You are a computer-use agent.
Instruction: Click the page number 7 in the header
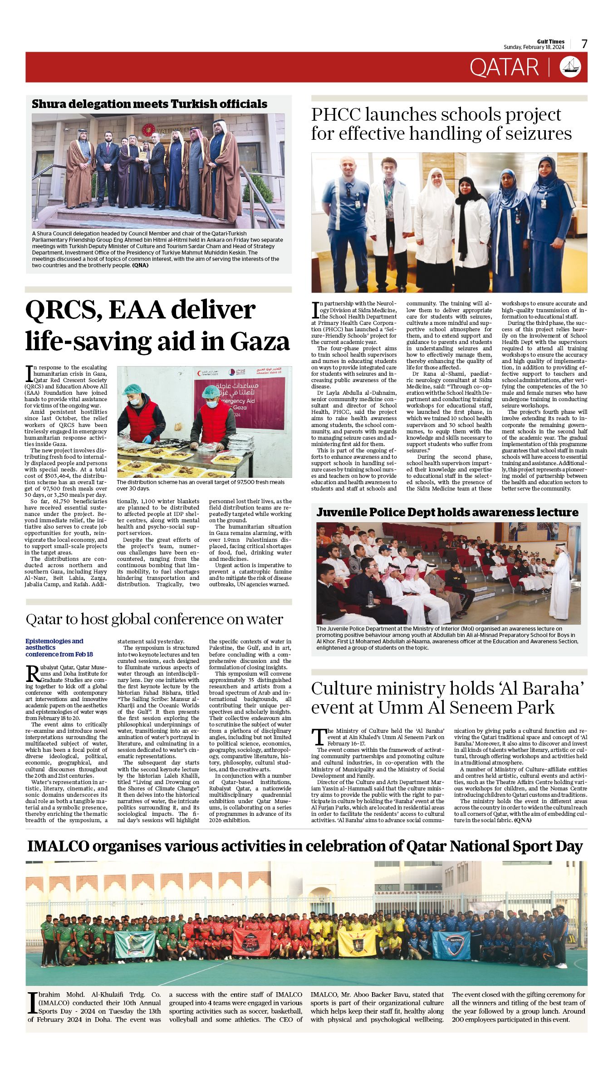coord(584,44)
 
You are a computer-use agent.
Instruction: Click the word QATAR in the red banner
coord(504,68)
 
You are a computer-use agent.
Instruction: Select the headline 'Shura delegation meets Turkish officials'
coord(149,104)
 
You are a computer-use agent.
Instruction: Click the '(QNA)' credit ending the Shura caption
coord(140,265)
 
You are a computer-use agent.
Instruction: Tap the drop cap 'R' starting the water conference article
coord(32,673)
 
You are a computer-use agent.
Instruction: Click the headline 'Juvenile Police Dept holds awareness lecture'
coord(447,512)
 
